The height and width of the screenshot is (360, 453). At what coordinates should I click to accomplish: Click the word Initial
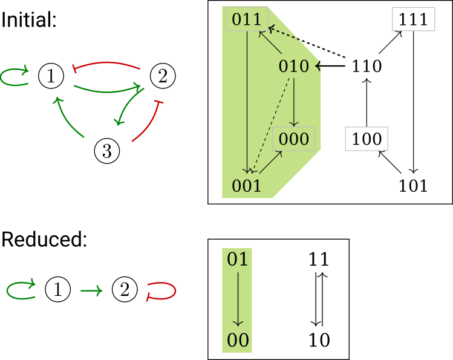click(x=30, y=20)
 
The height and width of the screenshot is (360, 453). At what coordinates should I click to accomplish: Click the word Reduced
click(x=45, y=240)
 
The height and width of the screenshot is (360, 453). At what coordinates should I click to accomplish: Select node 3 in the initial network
click(x=107, y=151)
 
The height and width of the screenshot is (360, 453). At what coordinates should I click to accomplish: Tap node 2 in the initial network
click(x=162, y=76)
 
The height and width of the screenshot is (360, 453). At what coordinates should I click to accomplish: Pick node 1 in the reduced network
click(x=58, y=292)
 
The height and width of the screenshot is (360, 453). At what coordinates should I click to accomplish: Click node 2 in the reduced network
click(x=125, y=292)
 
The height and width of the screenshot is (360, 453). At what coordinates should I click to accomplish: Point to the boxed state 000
click(x=294, y=139)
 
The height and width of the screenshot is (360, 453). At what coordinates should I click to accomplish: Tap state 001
click(x=246, y=185)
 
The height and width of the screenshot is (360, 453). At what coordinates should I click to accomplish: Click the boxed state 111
click(x=414, y=19)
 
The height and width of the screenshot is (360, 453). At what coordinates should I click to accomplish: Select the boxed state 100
click(x=367, y=139)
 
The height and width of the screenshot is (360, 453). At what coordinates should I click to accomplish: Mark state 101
click(x=414, y=185)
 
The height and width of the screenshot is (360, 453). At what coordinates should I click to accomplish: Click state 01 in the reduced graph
click(x=238, y=260)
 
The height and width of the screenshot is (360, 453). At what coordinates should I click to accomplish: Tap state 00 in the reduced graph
click(x=238, y=340)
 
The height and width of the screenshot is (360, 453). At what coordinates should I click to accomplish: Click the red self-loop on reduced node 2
click(x=166, y=292)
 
